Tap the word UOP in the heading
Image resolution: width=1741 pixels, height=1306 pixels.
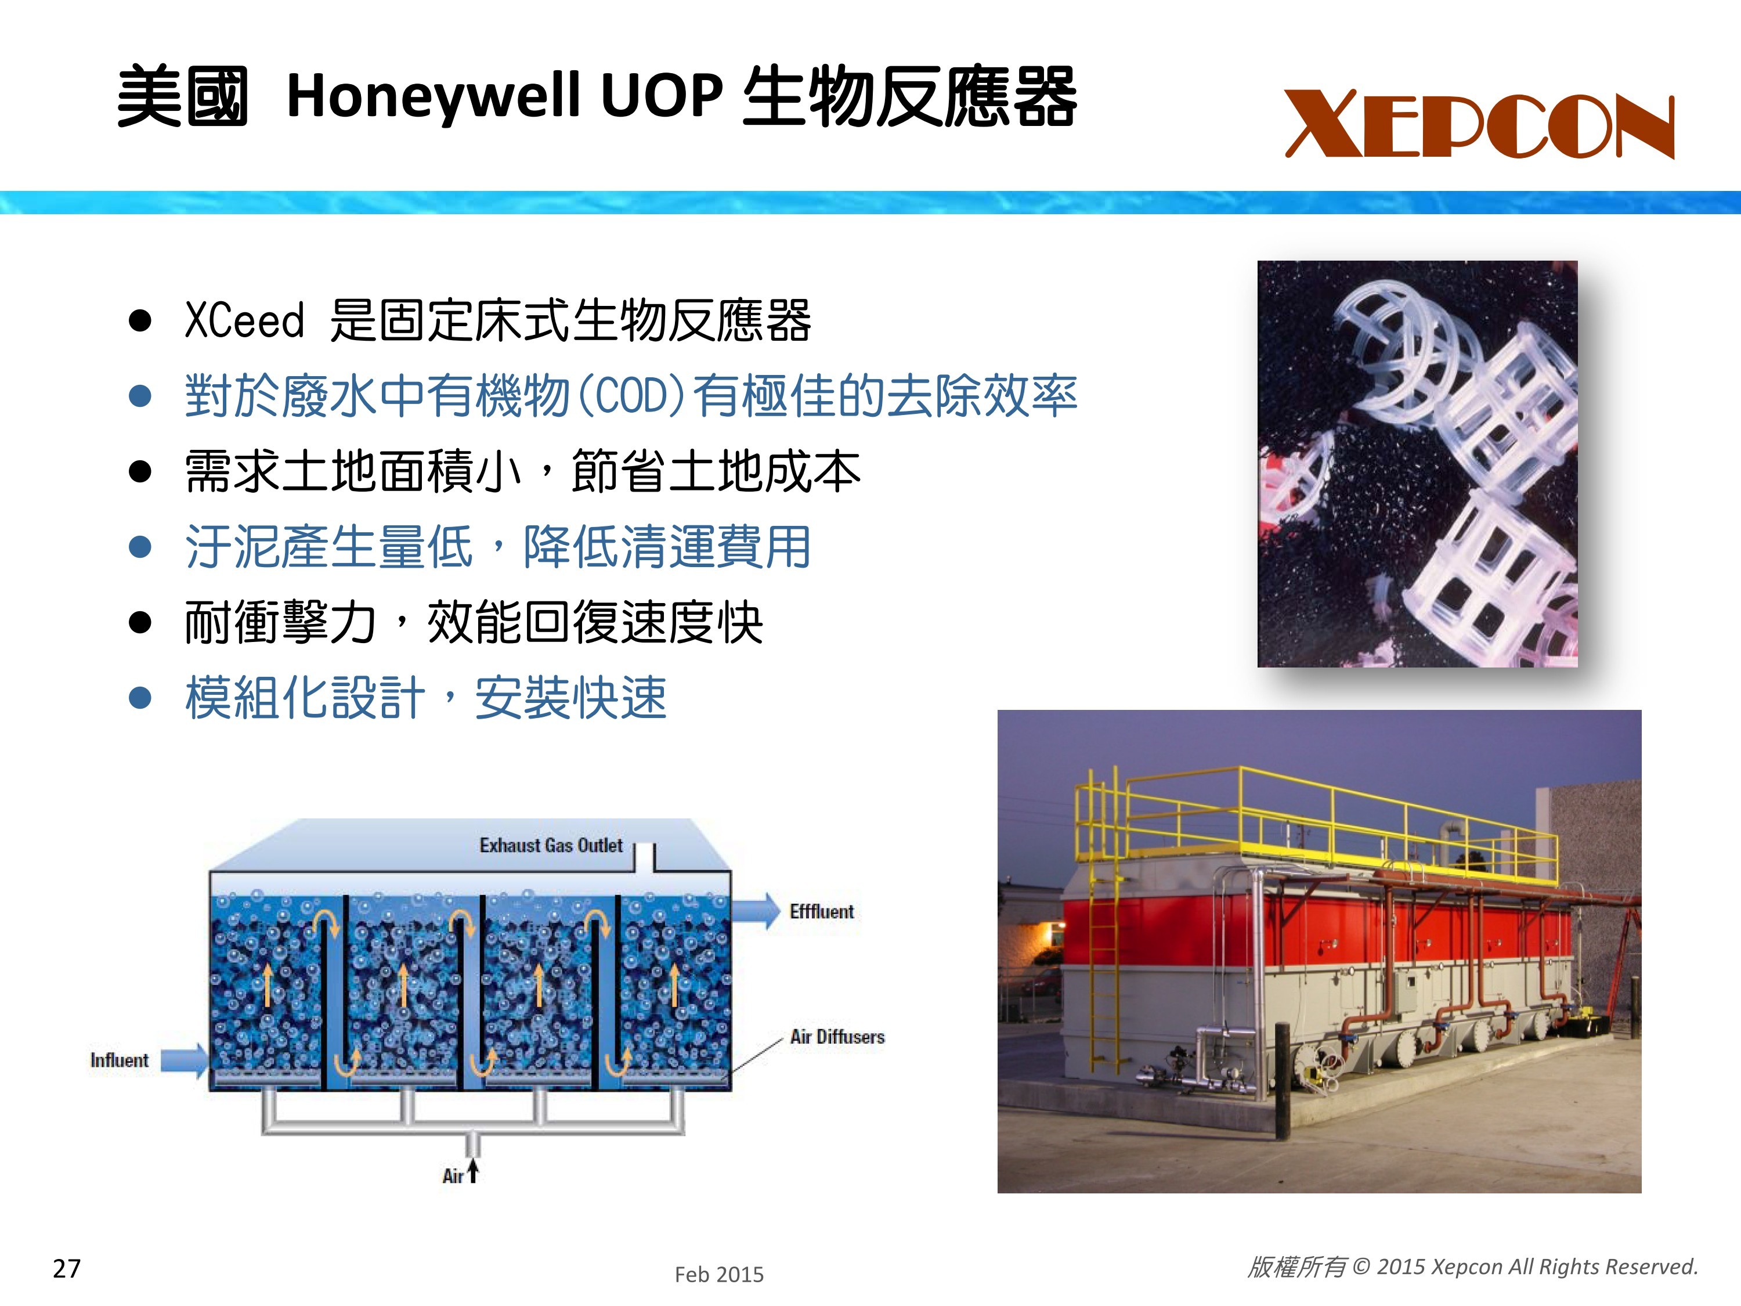(x=661, y=95)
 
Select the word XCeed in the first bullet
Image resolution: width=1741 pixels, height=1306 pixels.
(x=244, y=320)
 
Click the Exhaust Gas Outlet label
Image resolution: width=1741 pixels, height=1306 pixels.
(x=551, y=846)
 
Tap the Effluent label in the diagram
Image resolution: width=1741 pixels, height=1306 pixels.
(x=822, y=912)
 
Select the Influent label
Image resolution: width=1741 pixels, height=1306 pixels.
(x=119, y=1060)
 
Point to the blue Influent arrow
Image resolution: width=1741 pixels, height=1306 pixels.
(x=184, y=1060)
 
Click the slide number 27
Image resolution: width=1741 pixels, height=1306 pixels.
(x=67, y=1268)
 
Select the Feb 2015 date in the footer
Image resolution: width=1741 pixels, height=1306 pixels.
(x=720, y=1275)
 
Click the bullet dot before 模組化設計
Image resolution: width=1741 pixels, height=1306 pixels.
(x=140, y=698)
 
